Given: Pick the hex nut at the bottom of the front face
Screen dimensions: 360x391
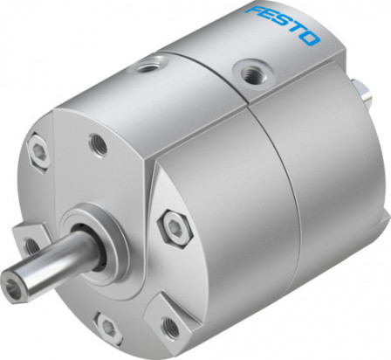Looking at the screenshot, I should (107, 328).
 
